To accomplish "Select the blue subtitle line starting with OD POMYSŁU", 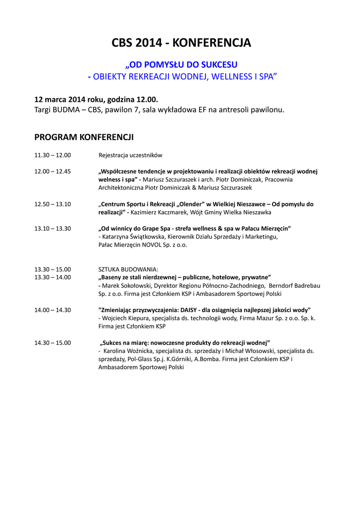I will coord(181,65).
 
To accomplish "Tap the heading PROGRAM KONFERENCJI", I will coord(84,137).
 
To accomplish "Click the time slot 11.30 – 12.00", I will coord(52,155).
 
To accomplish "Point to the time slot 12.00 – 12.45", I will coord(52,171).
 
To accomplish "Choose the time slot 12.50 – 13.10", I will coord(52,204).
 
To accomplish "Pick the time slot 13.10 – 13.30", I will coord(52,229).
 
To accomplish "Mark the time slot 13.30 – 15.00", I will coord(52,269).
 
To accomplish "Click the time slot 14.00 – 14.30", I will coord(52,310).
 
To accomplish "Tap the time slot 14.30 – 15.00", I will coord(52,343).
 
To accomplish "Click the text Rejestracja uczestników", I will coord(130,155).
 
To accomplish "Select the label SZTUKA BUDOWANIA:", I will coord(128,269).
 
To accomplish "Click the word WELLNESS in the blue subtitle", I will coord(230,76).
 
